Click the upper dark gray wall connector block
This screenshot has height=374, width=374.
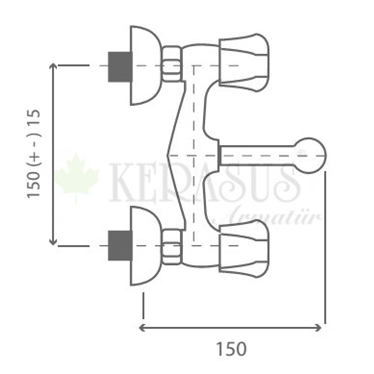tap(120, 67)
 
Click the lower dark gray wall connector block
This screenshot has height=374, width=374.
tap(120, 246)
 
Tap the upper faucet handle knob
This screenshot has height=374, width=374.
tap(244, 62)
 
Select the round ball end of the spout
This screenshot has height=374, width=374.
tap(310, 156)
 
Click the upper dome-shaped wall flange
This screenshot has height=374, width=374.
tap(145, 65)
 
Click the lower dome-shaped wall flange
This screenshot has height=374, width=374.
tap(145, 246)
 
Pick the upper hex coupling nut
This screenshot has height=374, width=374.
tap(172, 64)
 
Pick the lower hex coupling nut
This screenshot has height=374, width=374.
tap(172, 247)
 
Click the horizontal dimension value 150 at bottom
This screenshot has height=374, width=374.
tap(231, 349)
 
